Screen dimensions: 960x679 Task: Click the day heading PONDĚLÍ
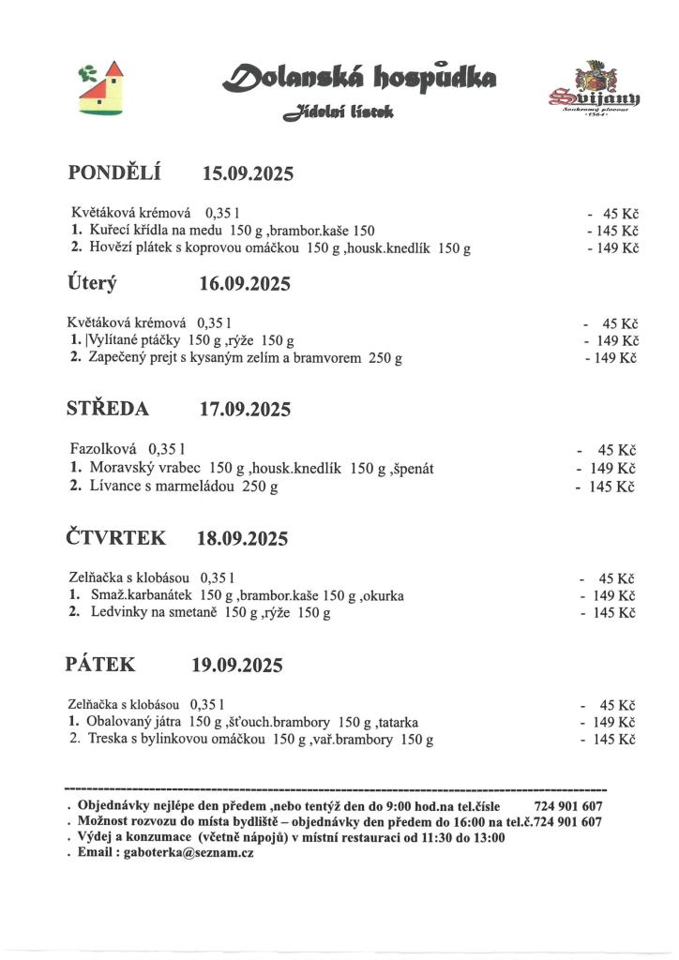coord(115,172)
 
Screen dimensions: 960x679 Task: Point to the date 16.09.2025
coord(245,284)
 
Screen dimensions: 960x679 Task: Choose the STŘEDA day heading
coord(108,409)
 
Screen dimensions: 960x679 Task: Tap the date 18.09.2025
coord(242,538)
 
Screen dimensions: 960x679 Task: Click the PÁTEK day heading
coord(100,665)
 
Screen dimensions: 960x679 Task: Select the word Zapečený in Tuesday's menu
coord(119,357)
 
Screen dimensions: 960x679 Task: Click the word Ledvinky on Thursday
coord(119,613)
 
